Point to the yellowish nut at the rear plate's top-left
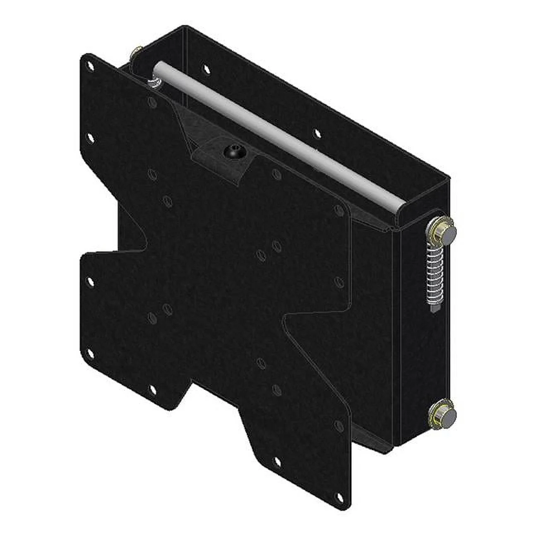click(137, 53)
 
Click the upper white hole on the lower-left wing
click(91, 281)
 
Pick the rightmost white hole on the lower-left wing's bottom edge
click(151, 389)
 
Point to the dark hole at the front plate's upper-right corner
click(339, 211)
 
